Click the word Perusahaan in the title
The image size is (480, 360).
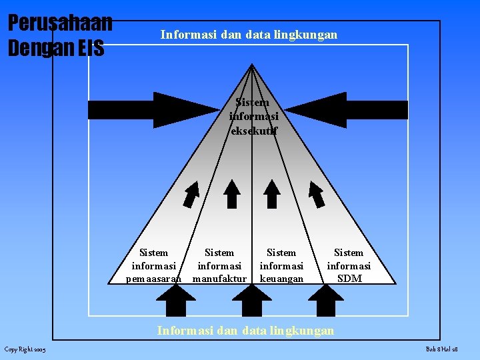pyautogui.click(x=59, y=22)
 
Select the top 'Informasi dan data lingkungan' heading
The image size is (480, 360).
pyautogui.click(x=249, y=35)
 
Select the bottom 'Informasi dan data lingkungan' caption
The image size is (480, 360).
pyautogui.click(x=245, y=330)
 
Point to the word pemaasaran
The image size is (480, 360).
pyautogui.click(x=154, y=279)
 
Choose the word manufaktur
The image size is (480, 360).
pyautogui.click(x=219, y=279)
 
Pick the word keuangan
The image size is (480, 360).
pyautogui.click(x=281, y=279)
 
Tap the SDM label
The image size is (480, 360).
pyautogui.click(x=349, y=279)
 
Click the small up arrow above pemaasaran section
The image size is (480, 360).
pyautogui.click(x=191, y=194)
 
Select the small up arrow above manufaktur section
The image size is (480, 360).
pyautogui.click(x=232, y=194)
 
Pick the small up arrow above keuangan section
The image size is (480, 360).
pyautogui.click(x=271, y=194)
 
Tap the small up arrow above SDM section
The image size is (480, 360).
pyautogui.click(x=317, y=194)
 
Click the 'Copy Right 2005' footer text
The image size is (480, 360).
pyautogui.click(x=25, y=350)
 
